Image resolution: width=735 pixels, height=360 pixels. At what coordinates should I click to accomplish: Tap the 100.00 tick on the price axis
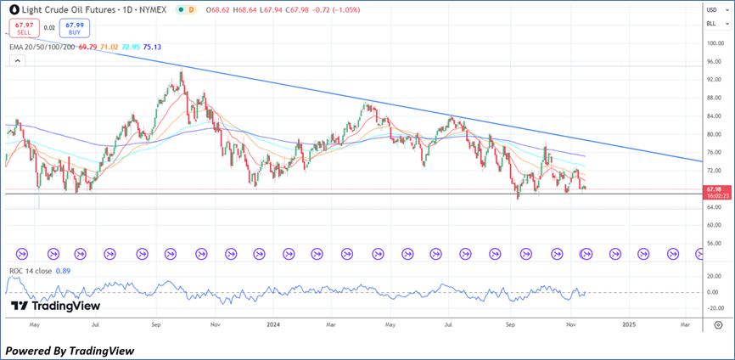tap(713, 43)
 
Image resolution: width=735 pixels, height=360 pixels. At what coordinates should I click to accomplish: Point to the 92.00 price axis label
tap(713, 80)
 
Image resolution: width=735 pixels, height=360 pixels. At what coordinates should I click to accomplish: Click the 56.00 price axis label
tap(713, 244)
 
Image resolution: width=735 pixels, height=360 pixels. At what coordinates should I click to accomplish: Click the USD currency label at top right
tap(711, 9)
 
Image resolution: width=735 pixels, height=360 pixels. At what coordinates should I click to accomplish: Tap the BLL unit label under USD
tap(711, 26)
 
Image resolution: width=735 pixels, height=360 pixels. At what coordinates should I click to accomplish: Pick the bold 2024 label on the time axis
tap(273, 323)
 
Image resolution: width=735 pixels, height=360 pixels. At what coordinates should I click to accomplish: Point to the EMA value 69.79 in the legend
tap(87, 48)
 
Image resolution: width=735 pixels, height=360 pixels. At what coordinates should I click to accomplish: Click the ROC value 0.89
tap(61, 272)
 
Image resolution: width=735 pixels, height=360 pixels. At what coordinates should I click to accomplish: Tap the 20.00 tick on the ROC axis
tap(713, 277)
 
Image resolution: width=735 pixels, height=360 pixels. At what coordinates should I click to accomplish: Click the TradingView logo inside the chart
tap(55, 306)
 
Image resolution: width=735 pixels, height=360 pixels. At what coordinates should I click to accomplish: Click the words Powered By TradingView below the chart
tap(70, 350)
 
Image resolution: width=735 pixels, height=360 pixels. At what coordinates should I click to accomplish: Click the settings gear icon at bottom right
tap(718, 324)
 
